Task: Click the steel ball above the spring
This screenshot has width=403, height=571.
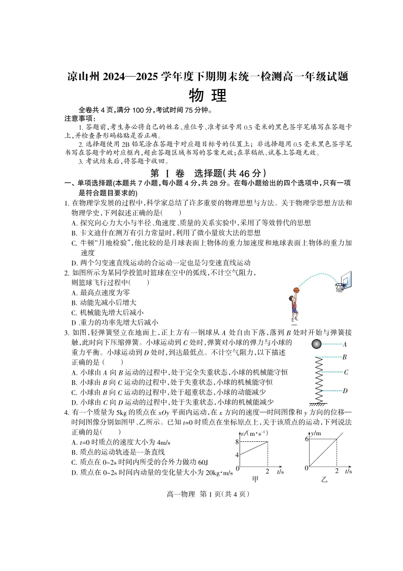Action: (x=316, y=344)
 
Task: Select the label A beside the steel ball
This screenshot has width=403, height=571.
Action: (x=345, y=344)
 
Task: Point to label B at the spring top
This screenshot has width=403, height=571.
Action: (x=345, y=357)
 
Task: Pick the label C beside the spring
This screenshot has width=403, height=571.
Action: (x=345, y=372)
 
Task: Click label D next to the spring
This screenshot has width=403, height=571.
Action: (x=345, y=390)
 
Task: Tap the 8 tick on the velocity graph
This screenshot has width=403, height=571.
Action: (x=237, y=442)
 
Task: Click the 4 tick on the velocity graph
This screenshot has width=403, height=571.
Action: (x=237, y=454)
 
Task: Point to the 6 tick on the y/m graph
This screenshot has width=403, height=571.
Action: (x=307, y=439)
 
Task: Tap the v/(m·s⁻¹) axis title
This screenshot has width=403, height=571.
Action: (x=254, y=433)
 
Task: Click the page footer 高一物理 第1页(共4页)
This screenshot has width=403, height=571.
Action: (x=201, y=494)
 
